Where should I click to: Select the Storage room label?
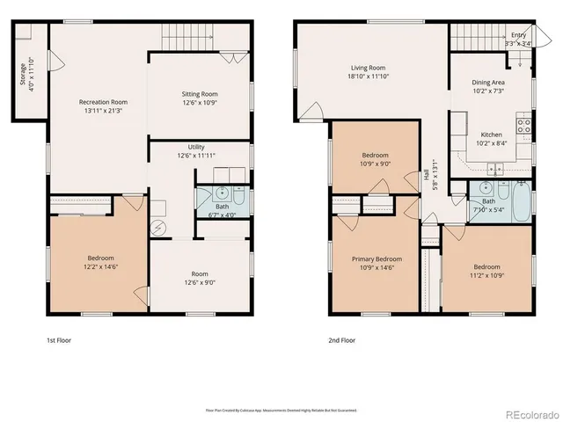[23, 74]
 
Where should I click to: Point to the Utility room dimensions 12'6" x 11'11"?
[196, 156]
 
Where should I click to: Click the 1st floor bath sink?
[223, 193]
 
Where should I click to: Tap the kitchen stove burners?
[524, 125]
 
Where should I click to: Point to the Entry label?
[518, 34]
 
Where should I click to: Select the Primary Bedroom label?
[377, 259]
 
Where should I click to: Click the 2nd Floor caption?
[341, 339]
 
